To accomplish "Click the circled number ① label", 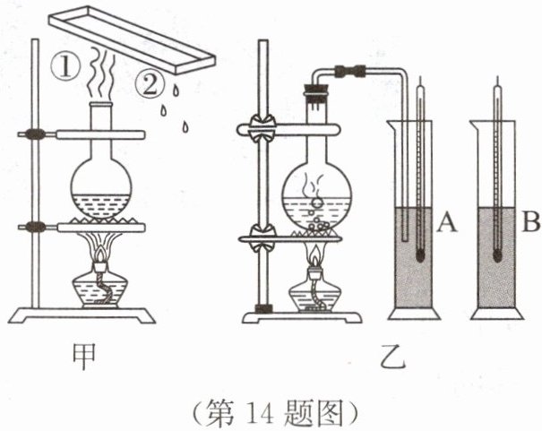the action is pyautogui.click(x=68, y=66).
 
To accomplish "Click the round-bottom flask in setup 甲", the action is pyautogui.click(x=104, y=183).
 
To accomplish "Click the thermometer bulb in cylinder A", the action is pyautogui.click(x=420, y=254).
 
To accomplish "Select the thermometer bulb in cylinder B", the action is pyautogui.click(x=498, y=254).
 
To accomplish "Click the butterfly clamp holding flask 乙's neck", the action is pyautogui.click(x=262, y=129).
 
